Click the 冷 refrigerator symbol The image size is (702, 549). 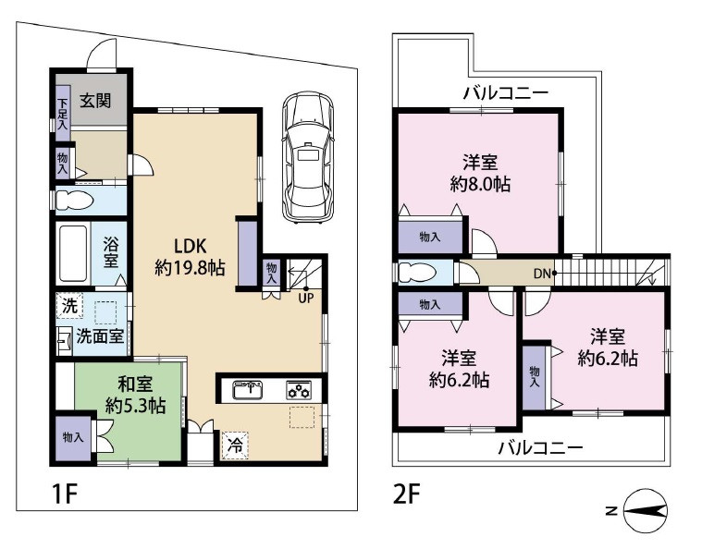(x=236, y=445)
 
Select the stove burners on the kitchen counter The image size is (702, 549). (x=301, y=389)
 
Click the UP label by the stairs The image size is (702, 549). (x=303, y=297)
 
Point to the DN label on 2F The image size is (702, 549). (x=542, y=274)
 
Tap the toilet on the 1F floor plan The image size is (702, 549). (x=79, y=200)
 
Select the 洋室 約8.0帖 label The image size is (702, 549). (x=479, y=172)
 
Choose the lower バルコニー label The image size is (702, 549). (x=540, y=448)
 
